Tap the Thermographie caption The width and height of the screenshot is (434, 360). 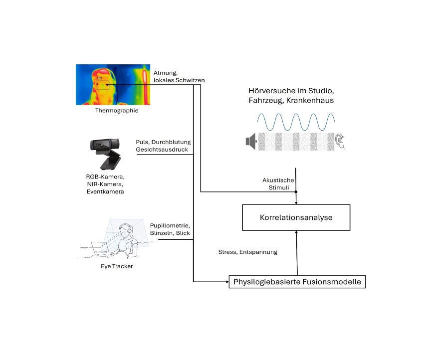(x=117, y=111)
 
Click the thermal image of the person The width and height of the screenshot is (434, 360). (x=113, y=85)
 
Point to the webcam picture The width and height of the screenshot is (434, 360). (x=105, y=154)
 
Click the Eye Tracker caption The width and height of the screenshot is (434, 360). (x=117, y=266)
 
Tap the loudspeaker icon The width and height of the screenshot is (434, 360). (x=251, y=141)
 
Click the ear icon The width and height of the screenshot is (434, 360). (x=340, y=142)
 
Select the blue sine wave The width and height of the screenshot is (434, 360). (x=296, y=122)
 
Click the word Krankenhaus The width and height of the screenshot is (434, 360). (x=310, y=100)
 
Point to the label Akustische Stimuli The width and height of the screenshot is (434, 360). (x=278, y=183)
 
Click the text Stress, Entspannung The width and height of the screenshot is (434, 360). (x=248, y=252)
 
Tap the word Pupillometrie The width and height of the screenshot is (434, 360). (x=170, y=225)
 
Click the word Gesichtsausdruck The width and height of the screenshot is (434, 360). (x=162, y=150)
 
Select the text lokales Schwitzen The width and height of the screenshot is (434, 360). (x=179, y=80)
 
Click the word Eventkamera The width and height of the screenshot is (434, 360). (x=105, y=191)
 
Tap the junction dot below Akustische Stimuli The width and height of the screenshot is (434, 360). (x=296, y=192)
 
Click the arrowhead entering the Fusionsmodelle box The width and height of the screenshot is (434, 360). (x=227, y=282)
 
